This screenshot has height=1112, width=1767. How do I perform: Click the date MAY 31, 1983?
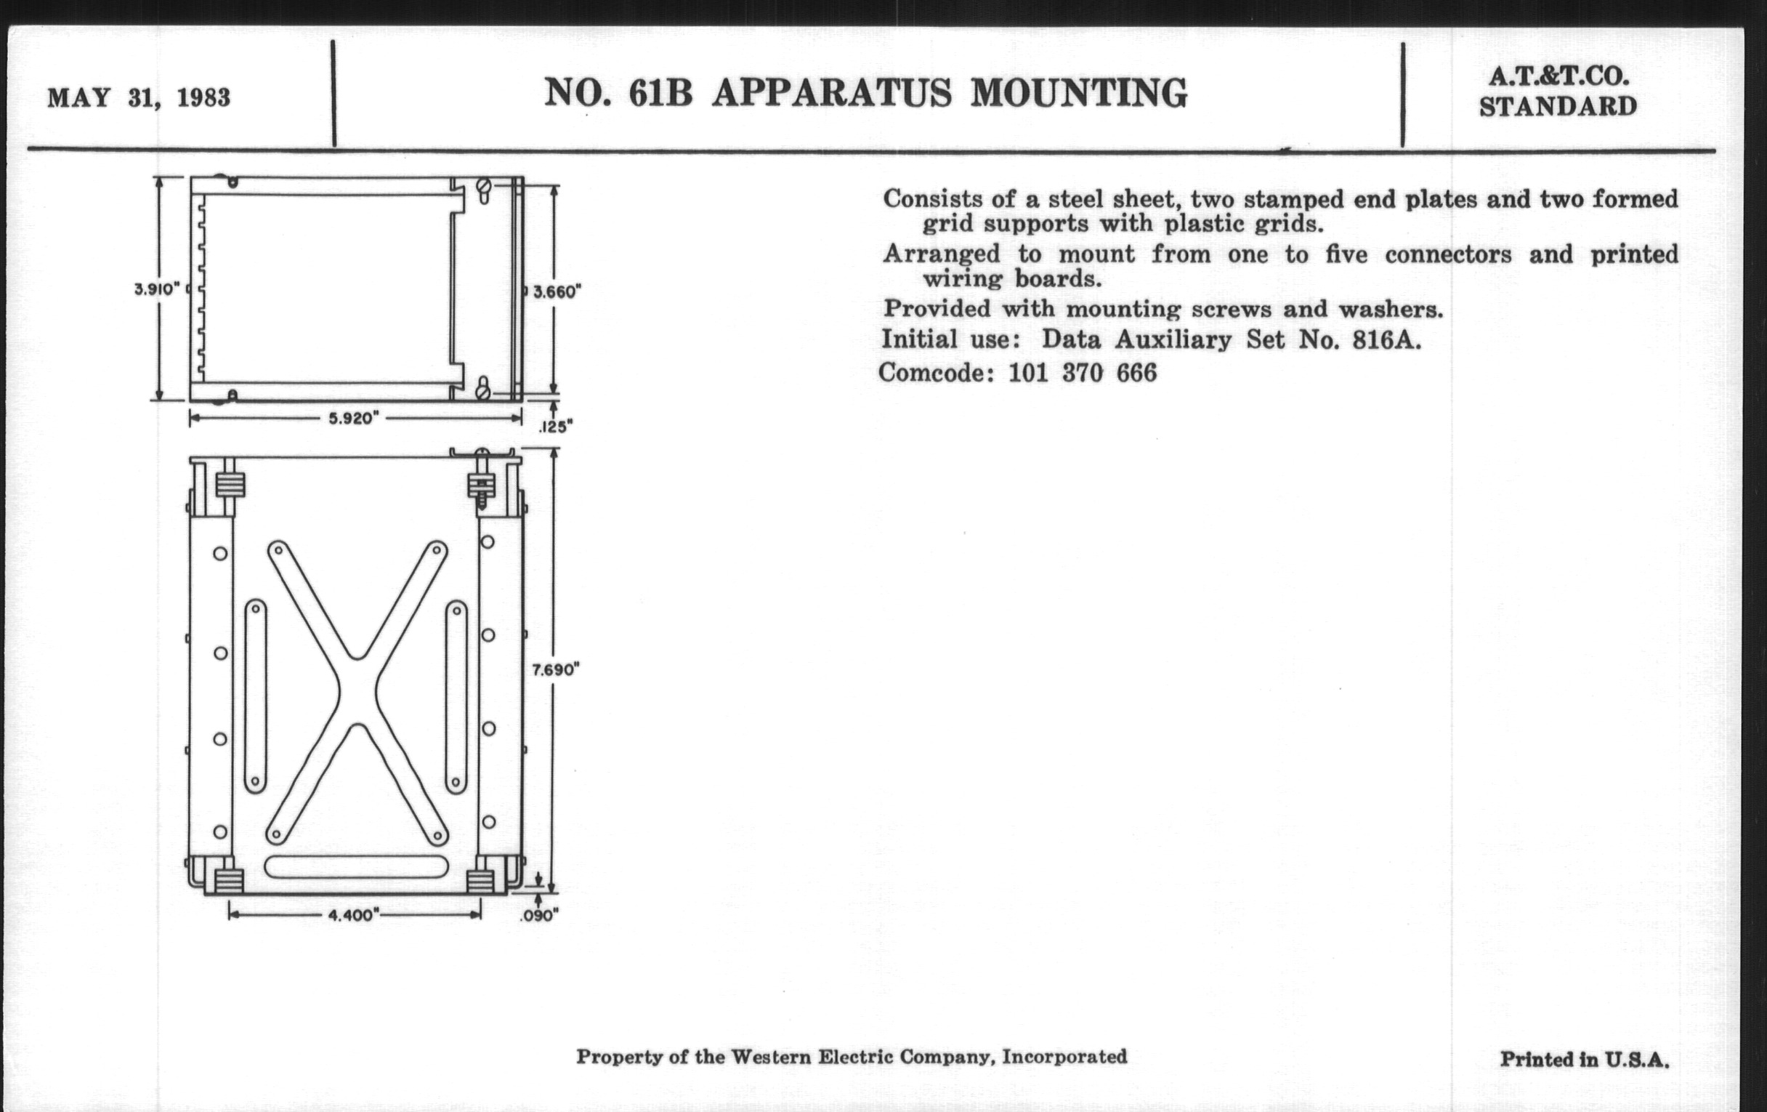tap(139, 97)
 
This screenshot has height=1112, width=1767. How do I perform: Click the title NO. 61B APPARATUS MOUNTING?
tap(865, 94)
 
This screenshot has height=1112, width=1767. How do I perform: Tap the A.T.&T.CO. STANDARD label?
tap(1558, 92)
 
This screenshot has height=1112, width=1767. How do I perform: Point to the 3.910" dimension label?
tap(157, 289)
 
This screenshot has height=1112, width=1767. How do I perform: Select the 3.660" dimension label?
tap(557, 292)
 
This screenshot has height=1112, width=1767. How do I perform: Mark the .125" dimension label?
tap(556, 427)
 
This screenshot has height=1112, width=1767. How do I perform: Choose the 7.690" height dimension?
tap(556, 669)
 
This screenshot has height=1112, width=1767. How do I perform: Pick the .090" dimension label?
tap(539, 915)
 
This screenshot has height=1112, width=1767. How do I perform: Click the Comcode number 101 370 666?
tap(1083, 373)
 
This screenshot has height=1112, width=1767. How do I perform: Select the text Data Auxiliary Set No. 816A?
tap(1232, 340)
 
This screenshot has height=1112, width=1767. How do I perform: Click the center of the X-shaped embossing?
tap(357, 690)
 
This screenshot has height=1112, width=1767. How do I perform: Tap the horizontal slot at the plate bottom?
tap(356, 867)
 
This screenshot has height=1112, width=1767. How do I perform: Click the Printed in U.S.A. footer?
tap(1585, 1059)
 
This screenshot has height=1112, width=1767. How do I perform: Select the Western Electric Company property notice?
tap(852, 1057)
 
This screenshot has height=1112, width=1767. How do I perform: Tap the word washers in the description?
tap(1391, 309)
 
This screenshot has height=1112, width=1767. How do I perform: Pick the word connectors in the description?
tap(1448, 254)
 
